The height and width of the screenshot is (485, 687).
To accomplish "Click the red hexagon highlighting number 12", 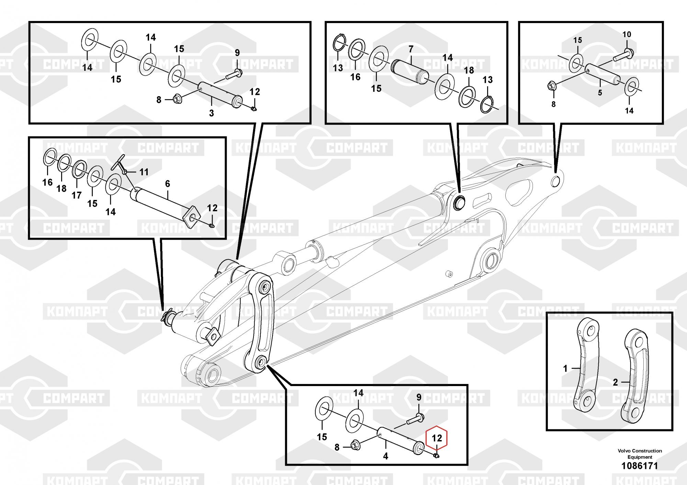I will pos(437,438).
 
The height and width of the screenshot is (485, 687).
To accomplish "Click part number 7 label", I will pos(411,49).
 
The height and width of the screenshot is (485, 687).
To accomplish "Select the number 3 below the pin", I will pos(212,113).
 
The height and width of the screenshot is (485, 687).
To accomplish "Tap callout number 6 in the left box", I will pos(168,184).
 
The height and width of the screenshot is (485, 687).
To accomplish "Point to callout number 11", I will pos(144,172).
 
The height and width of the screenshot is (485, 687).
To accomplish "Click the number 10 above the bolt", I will pos(627,34).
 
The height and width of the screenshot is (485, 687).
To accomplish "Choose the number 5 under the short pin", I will pos(600,93).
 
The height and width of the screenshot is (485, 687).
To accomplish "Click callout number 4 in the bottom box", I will pos(385,456).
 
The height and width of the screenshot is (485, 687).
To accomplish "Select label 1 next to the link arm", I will pos(565,369).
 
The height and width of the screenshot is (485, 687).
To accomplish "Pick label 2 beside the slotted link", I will pos(615,382).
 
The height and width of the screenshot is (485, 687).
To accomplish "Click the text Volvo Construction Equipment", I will pos(640,454).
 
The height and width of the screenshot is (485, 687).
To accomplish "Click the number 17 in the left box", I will pos(77,195).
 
